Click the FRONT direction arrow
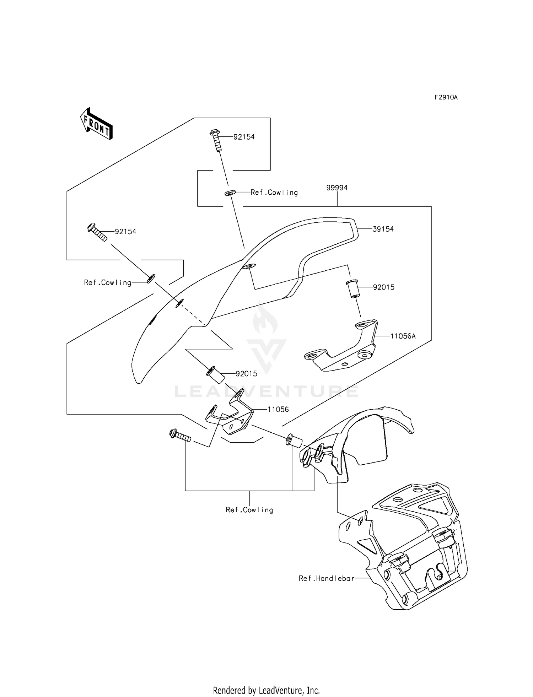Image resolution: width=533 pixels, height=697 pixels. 96,123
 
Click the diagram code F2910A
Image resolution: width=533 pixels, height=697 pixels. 446,97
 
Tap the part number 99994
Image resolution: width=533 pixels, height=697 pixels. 337,188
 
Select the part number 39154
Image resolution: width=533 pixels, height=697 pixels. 383,229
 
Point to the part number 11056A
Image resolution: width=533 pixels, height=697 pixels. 403,336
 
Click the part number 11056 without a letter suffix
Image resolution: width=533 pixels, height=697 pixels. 278,409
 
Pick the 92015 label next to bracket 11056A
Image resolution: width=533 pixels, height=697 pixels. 384,287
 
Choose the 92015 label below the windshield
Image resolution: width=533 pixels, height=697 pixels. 247,374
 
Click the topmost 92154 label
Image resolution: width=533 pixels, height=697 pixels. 244,137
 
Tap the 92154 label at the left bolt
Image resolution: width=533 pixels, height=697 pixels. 125,232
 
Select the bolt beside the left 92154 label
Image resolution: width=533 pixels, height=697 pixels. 97,232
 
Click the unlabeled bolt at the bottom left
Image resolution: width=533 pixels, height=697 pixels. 180,436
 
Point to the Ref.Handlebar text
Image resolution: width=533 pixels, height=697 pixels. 327,578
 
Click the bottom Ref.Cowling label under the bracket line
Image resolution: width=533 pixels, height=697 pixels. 249,510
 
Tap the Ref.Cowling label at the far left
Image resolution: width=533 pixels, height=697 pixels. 108,283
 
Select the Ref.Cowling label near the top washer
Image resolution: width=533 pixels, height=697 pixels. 274,193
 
